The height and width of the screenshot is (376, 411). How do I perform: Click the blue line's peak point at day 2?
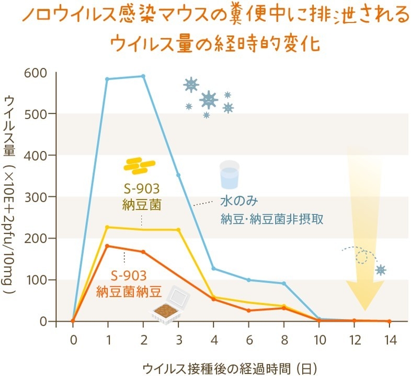[x=143, y=76]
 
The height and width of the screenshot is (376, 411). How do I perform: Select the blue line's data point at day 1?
[x=107, y=79]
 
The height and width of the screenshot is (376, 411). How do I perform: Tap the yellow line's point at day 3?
[x=178, y=230]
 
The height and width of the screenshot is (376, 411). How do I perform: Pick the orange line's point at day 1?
[x=107, y=245]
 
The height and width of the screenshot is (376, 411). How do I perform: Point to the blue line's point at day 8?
[x=284, y=284]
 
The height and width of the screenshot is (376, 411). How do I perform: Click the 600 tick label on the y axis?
[x=35, y=73]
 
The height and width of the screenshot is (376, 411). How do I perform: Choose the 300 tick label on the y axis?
[x=35, y=197]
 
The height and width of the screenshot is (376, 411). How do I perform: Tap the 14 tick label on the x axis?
[x=389, y=340]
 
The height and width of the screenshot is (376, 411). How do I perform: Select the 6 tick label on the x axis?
[x=248, y=340]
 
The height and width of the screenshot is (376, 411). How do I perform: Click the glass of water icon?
[x=230, y=174]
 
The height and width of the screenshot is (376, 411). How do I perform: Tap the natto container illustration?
[x=170, y=308]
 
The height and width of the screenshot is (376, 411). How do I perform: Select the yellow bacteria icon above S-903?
[x=140, y=166]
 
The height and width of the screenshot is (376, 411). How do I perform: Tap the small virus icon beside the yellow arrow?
[x=381, y=269]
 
